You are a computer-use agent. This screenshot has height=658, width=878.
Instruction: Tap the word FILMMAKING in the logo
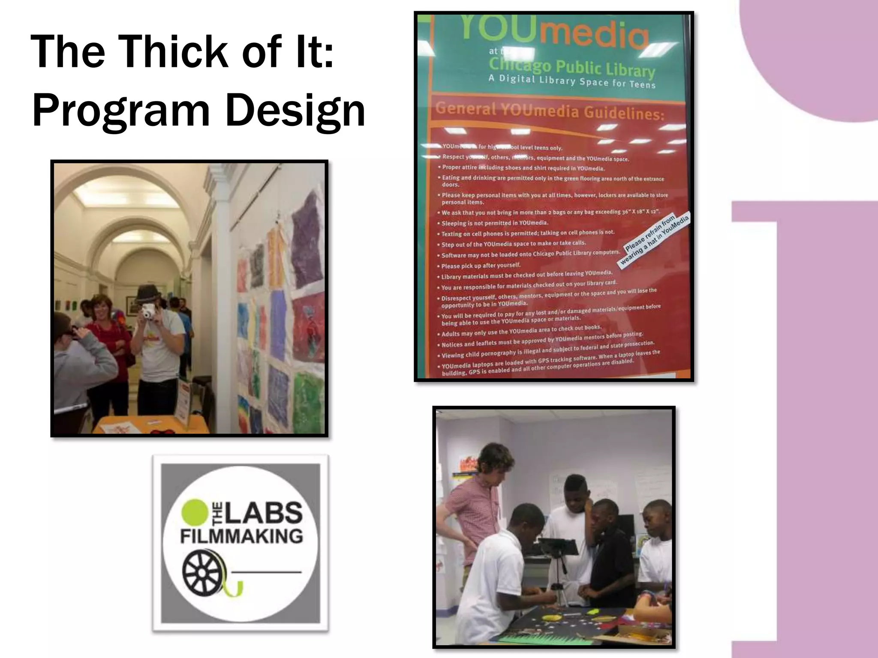point(241,536)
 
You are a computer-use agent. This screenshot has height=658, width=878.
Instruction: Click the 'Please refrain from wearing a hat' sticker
point(654,238)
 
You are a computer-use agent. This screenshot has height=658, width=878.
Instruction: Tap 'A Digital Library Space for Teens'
point(572,81)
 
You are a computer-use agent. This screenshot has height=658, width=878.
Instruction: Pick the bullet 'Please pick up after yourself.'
point(481,266)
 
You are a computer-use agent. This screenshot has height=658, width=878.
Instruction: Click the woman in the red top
point(105,330)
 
